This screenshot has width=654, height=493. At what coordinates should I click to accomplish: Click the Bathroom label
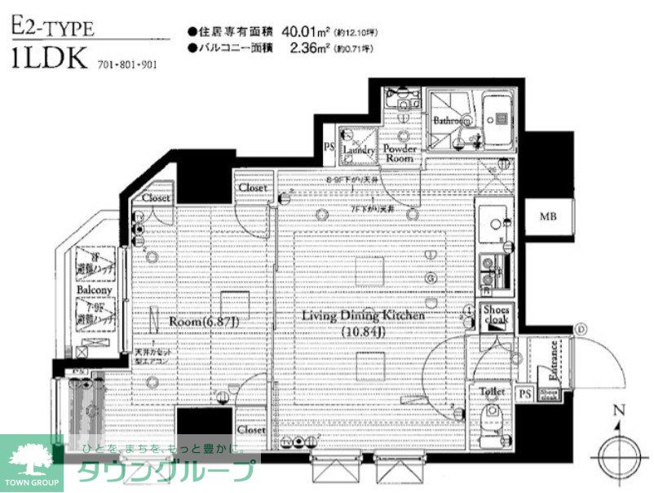(449, 121)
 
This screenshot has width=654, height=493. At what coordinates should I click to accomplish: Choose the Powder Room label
(400, 153)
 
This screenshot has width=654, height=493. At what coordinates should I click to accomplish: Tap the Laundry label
(357, 150)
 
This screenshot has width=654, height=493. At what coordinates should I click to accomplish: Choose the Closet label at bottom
(251, 429)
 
